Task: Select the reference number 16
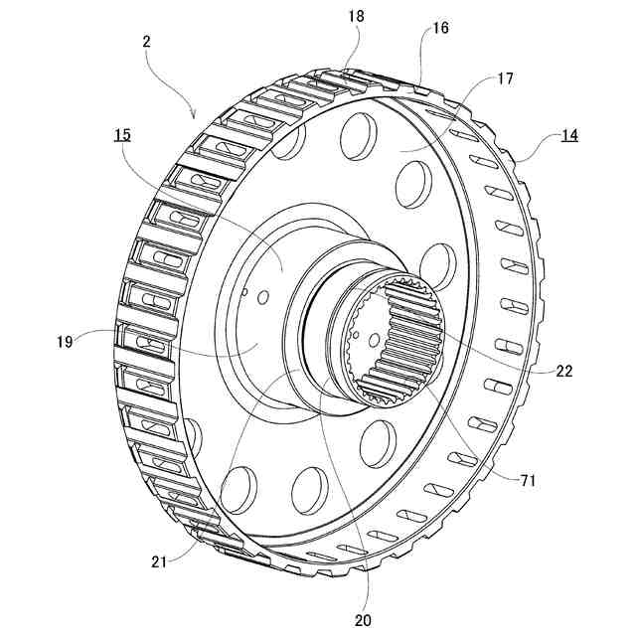tap(440, 28)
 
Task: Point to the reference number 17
tap(505, 79)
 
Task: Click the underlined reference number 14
tap(570, 137)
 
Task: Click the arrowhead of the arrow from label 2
tap(195, 115)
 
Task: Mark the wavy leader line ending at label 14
tap(532, 149)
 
